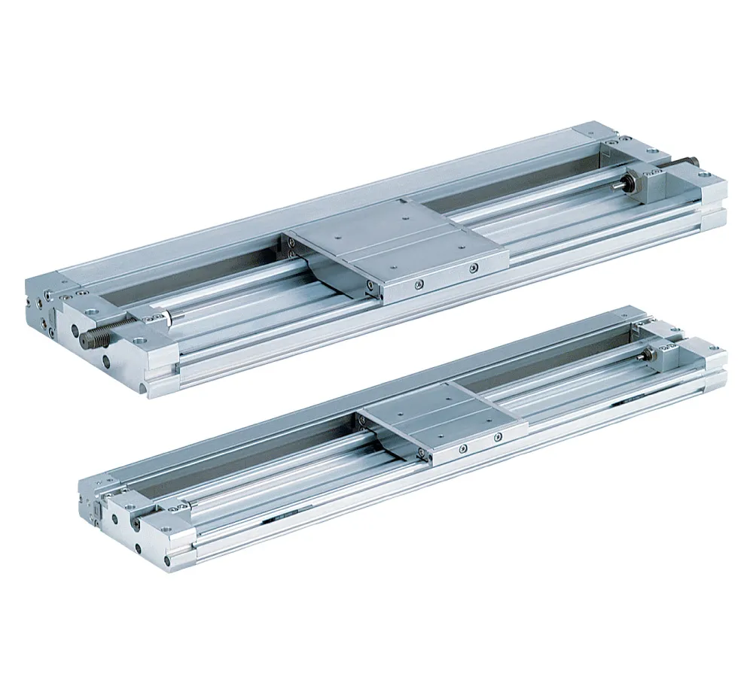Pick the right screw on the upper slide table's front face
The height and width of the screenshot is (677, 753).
(472, 268)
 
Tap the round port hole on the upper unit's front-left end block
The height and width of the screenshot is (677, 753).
(112, 364)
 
